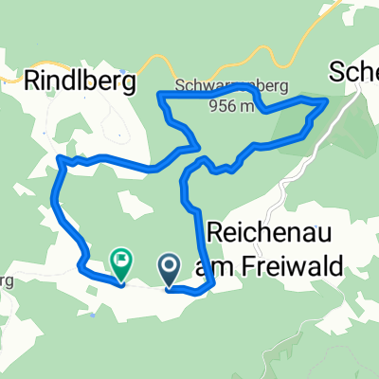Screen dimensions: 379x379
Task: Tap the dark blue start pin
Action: point(171,267)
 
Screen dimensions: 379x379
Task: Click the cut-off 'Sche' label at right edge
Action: point(353,71)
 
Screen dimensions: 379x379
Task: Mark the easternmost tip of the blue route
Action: point(328,99)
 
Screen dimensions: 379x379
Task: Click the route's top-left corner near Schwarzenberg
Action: point(159,94)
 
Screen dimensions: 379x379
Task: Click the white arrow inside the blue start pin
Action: point(171,265)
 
